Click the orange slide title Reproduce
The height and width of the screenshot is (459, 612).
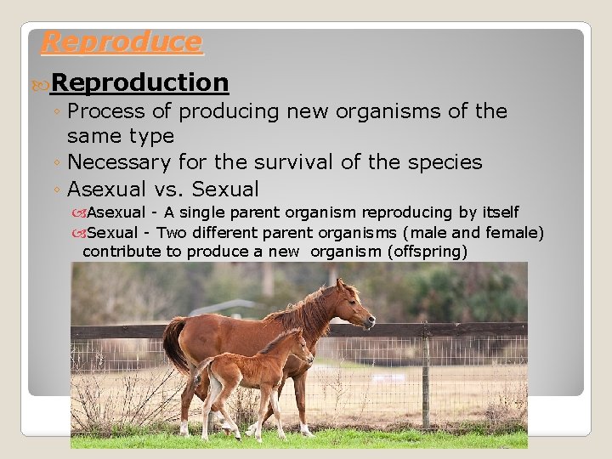pyautogui.click(x=122, y=42)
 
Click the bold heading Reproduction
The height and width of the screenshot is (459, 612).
pyautogui.click(x=139, y=82)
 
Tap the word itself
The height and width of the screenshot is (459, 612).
pyautogui.click(x=498, y=212)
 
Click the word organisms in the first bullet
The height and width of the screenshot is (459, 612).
pyautogui.click(x=409, y=111)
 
